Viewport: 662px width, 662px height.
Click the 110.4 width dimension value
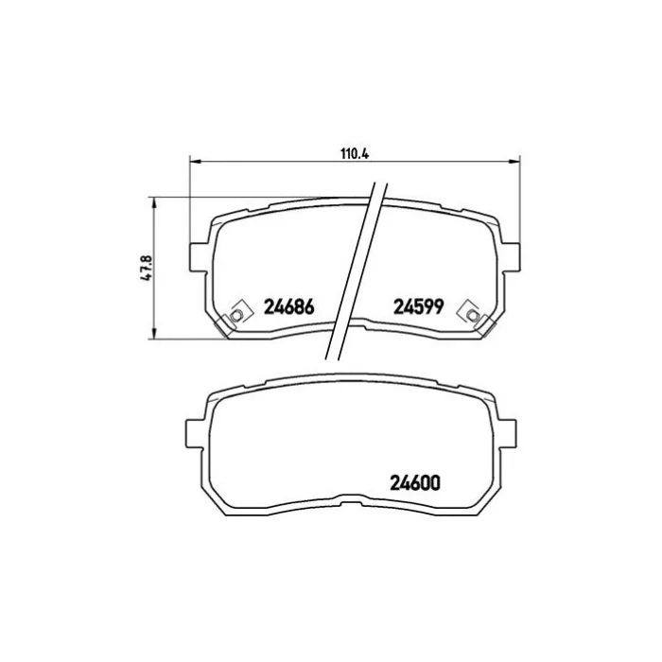coord(355,153)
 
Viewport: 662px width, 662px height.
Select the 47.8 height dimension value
coord(147,268)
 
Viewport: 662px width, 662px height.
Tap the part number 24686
coord(289,307)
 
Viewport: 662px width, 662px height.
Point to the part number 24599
coord(418,307)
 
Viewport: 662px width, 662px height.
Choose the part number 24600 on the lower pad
coord(415,483)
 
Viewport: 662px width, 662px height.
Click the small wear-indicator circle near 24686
coord(236,315)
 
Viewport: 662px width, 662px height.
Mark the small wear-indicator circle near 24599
coord(473,315)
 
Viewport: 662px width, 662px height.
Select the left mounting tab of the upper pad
coord(198,256)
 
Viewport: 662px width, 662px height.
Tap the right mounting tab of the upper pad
coord(511,256)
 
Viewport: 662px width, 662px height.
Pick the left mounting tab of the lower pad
coord(196,433)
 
